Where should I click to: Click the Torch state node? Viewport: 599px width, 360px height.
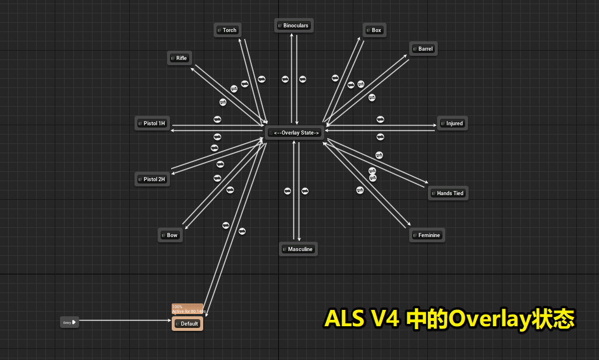(228, 30)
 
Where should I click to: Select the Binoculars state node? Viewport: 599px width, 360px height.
(294, 26)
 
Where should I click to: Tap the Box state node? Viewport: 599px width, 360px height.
(375, 30)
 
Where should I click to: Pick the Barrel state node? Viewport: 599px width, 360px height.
(423, 49)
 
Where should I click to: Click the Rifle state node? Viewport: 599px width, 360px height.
(180, 58)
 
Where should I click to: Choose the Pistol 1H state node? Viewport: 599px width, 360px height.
(153, 123)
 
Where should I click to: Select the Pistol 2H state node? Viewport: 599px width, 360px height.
(153, 179)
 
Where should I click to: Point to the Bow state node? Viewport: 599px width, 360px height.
(170, 235)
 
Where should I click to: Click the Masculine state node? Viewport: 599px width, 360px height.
(298, 249)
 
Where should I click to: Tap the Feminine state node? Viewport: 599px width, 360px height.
(428, 235)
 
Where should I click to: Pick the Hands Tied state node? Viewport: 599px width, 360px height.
(448, 193)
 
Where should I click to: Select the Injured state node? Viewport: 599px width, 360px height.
(452, 123)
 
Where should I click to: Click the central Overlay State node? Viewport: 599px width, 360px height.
(295, 133)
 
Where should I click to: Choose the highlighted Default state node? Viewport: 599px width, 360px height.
(187, 324)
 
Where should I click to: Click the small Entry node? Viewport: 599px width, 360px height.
(69, 322)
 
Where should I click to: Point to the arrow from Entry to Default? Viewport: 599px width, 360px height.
(125, 321)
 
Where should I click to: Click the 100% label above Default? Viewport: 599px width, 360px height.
(178, 306)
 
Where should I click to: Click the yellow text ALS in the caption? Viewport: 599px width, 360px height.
(343, 319)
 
